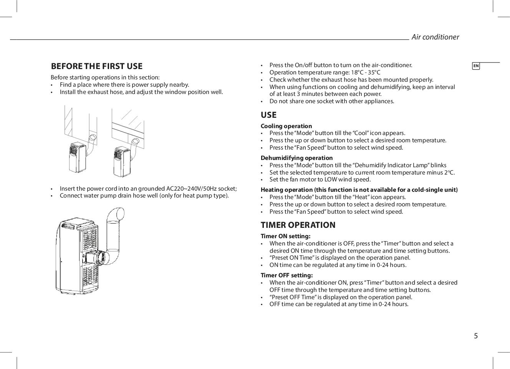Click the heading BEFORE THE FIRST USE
tap(96, 66)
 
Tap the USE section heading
tap(268, 115)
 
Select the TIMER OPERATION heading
tap(298, 225)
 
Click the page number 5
tap(476, 336)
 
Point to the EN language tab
tap(476, 66)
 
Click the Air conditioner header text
tap(435, 37)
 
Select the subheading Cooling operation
tap(286, 126)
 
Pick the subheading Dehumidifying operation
tap(296, 158)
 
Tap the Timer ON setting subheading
tap(285, 236)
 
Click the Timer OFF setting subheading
tap(286, 275)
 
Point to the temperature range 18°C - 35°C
tap(366, 72)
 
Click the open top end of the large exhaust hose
tap(116, 214)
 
